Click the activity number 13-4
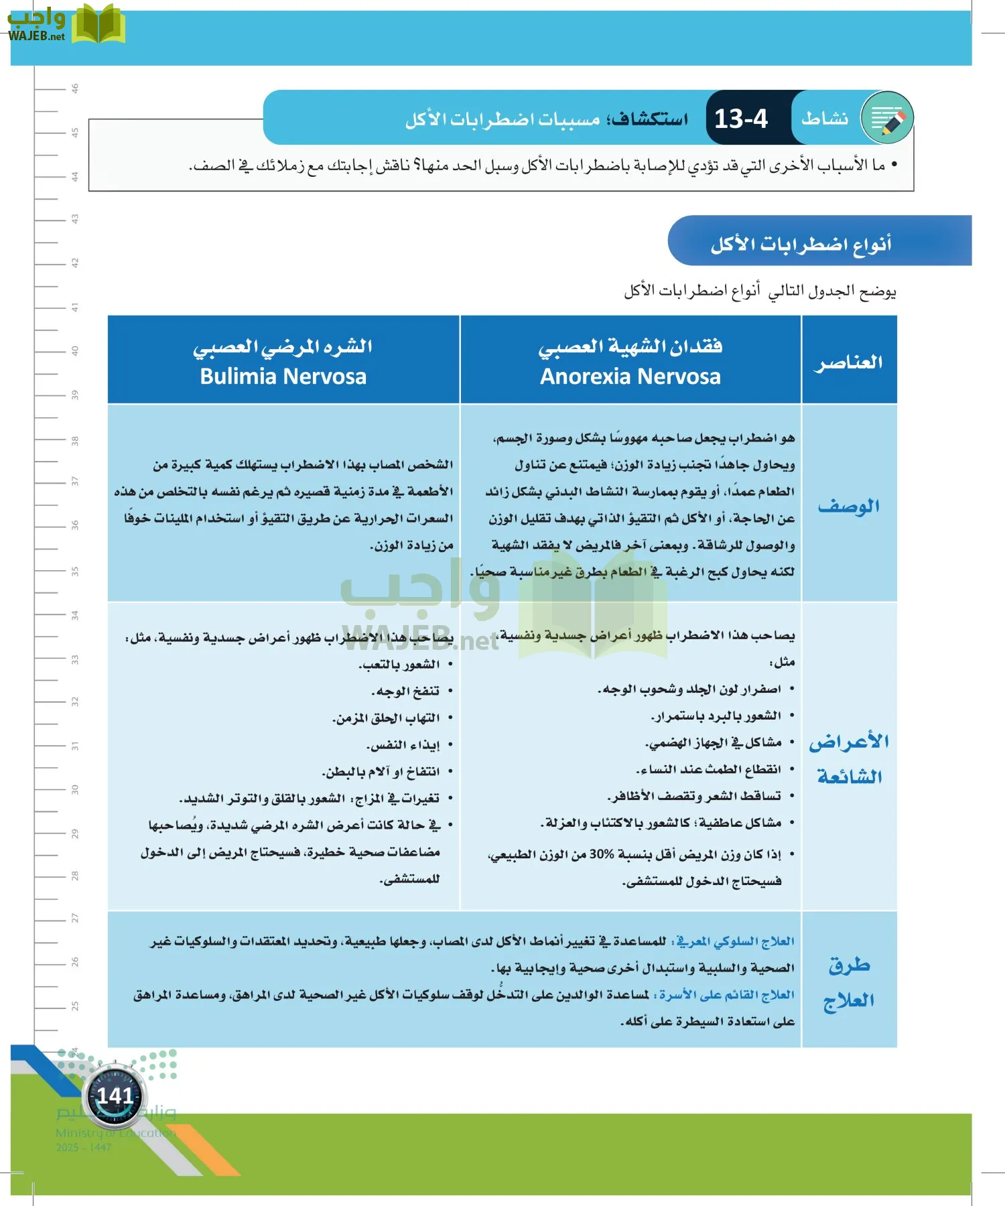coord(740,119)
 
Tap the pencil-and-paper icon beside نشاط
coord(887,119)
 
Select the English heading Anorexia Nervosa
coord(630,377)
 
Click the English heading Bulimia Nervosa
coord(283,377)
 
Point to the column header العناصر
coord(848,362)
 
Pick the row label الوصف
coord(848,506)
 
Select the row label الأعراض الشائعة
coord(848,758)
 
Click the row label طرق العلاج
coord(848,982)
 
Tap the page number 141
coord(115,1095)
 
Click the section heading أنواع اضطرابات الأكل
coord(801,244)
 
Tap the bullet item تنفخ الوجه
coord(406,691)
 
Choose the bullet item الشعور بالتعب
coord(399,664)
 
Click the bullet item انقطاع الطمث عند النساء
coord(708,769)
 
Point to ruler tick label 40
coord(75,350)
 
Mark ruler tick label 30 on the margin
coord(75,789)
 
